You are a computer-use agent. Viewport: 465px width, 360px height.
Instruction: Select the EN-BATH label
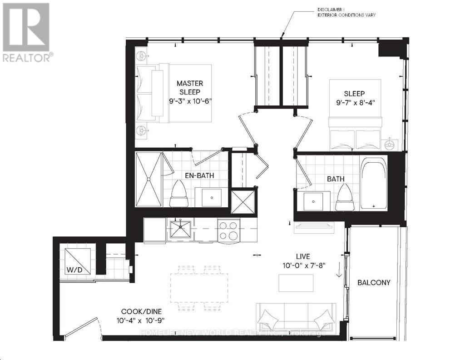click(x=199, y=175)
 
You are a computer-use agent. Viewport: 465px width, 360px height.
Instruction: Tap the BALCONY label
click(x=374, y=282)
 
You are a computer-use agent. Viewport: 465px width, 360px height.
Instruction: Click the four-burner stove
click(x=228, y=230)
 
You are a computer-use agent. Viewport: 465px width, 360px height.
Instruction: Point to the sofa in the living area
click(x=296, y=317)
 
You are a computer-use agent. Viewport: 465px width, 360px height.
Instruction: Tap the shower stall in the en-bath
click(x=149, y=180)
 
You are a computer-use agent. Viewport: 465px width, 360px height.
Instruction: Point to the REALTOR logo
click(x=27, y=32)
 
